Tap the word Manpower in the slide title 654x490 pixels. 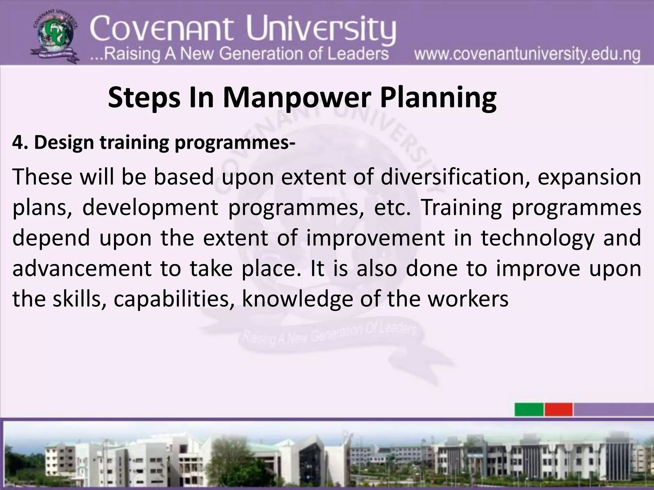click(295, 98)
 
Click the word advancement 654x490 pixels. click(82, 269)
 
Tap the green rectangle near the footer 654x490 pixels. click(529, 410)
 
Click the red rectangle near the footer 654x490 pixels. click(559, 410)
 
